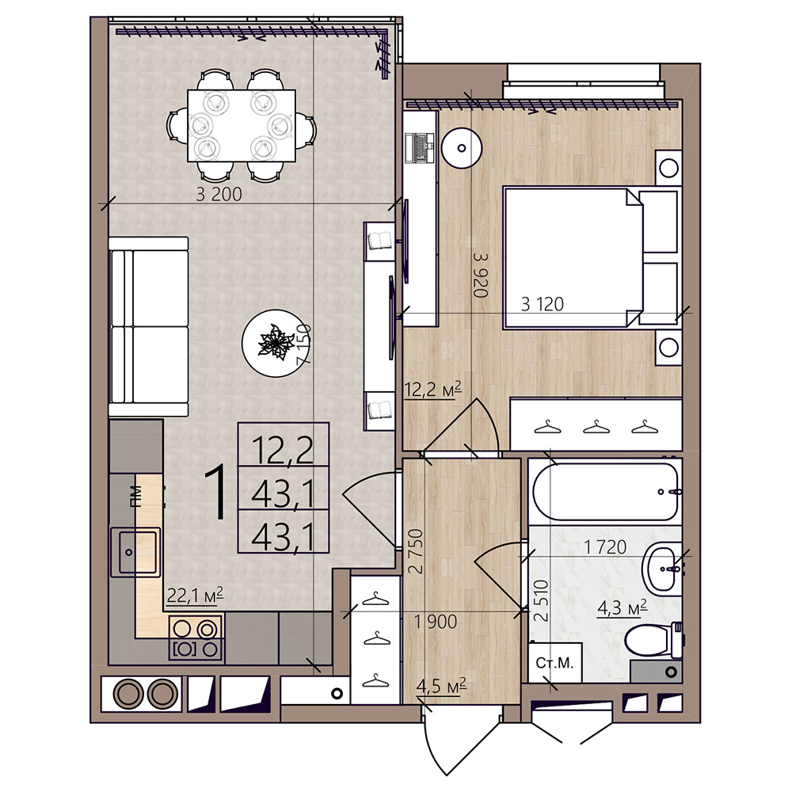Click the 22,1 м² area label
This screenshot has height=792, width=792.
(195, 596)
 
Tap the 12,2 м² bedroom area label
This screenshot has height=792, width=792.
(433, 390)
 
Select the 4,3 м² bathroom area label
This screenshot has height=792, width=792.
(623, 608)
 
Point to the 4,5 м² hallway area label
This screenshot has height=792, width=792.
(441, 687)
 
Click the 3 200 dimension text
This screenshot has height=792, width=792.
(219, 194)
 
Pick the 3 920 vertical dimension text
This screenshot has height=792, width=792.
(481, 275)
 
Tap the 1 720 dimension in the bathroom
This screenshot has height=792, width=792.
(604, 546)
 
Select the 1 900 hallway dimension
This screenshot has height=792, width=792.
(436, 622)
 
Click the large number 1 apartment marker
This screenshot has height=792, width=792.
(215, 493)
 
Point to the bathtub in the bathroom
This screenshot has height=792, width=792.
(605, 492)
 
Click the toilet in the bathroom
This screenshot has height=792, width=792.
(654, 641)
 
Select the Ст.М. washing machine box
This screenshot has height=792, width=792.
(555, 663)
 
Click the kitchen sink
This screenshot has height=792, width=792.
(135, 552)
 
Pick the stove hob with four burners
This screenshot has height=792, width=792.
(196, 638)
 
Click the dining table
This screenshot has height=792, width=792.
(242, 126)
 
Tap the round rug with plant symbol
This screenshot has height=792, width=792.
(273, 343)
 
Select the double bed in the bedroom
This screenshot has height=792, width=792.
(591, 257)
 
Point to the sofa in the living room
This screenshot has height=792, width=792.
(149, 327)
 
